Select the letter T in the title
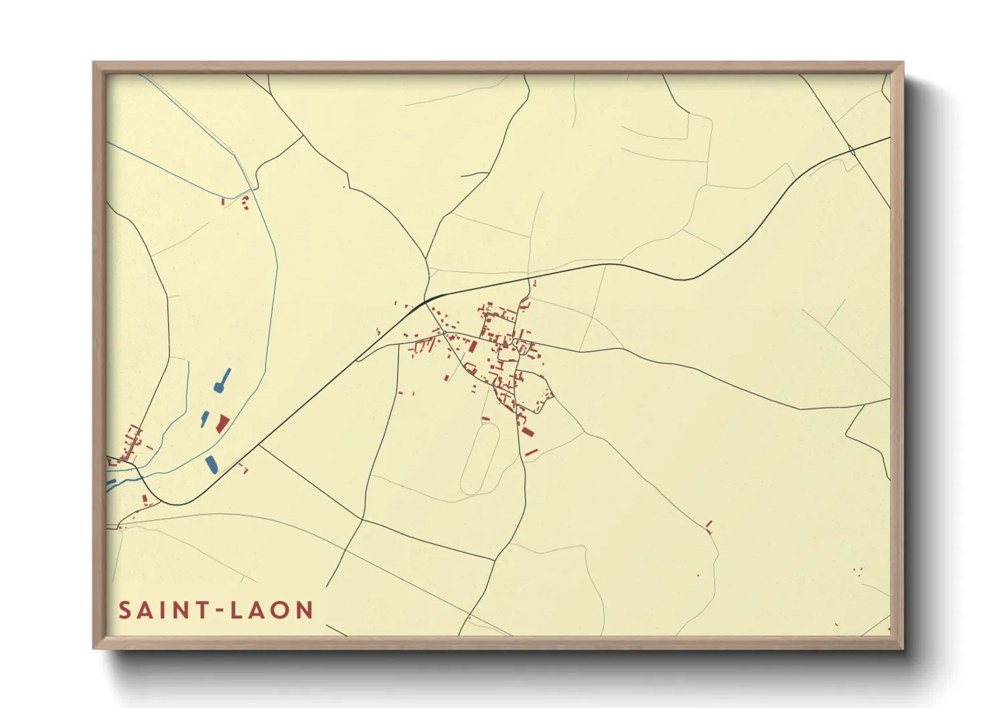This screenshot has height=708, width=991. tap(202, 610)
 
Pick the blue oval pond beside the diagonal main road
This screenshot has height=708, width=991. tap(211, 464)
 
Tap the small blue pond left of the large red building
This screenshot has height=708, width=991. tap(204, 420)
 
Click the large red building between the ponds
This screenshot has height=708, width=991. tap(222, 423)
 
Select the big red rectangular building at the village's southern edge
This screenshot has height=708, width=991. tap(528, 431)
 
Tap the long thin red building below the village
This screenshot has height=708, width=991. tap(531, 453)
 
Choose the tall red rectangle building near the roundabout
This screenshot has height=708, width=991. tap(473, 346)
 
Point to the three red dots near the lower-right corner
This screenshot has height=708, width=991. tap(857, 570)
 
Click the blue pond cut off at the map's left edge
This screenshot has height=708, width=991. tap(110, 482)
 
